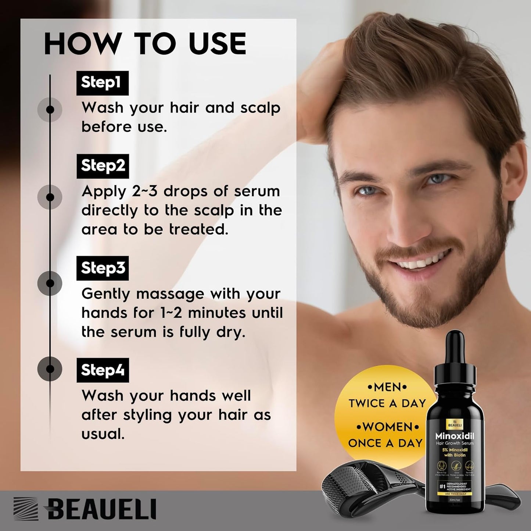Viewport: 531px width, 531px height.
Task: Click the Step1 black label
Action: (x=102, y=83)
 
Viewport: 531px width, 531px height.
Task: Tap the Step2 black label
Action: (x=103, y=166)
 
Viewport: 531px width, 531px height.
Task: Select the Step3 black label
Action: (x=103, y=268)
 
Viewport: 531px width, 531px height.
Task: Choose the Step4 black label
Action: (x=103, y=370)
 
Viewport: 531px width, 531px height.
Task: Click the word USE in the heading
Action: (x=217, y=44)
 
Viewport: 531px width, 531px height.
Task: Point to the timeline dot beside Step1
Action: (x=50, y=110)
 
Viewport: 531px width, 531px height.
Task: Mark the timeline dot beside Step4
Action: (x=50, y=369)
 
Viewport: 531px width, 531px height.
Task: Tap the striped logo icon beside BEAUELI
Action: (x=26, y=509)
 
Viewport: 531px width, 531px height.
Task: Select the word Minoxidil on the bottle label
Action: (x=455, y=436)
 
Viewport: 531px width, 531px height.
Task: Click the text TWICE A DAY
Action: (x=387, y=403)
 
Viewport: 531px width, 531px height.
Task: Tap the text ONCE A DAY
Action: (x=385, y=443)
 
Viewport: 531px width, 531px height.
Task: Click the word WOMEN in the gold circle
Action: (x=387, y=427)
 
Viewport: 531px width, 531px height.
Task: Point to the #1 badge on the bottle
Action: (x=442, y=487)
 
